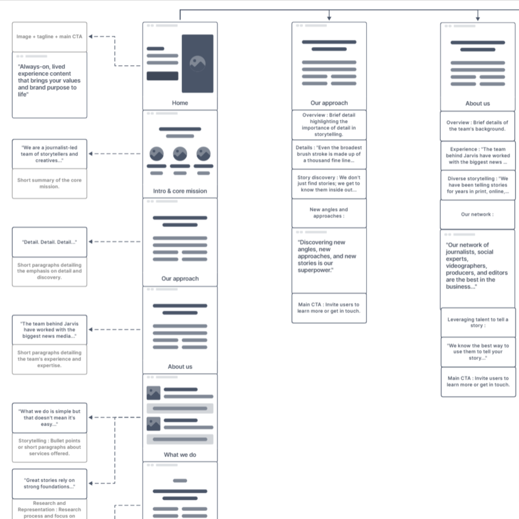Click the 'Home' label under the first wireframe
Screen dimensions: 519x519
180,103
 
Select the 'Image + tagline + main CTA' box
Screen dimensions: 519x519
50,37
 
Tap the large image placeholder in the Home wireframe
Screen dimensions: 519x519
197,63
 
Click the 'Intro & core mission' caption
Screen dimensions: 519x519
180,191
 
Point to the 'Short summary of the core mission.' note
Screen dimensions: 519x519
50,183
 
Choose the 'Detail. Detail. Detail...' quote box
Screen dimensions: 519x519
50,242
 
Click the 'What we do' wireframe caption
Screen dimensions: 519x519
180,455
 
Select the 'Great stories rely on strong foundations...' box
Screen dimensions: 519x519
50,484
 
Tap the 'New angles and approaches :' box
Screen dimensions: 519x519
329,213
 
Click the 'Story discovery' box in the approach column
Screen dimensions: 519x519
329,183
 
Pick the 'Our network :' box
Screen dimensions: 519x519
477,214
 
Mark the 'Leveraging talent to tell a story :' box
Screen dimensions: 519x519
478,322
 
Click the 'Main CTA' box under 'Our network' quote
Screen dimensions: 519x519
478,381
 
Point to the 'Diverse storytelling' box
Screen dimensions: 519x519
478,185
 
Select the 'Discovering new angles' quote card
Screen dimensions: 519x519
329,260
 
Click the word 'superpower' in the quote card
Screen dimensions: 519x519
315,270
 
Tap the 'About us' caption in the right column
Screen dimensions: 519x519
477,103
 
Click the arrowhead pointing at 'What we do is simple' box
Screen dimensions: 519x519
91,418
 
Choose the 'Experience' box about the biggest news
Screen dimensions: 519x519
478,156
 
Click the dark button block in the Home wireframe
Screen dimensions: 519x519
162,76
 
